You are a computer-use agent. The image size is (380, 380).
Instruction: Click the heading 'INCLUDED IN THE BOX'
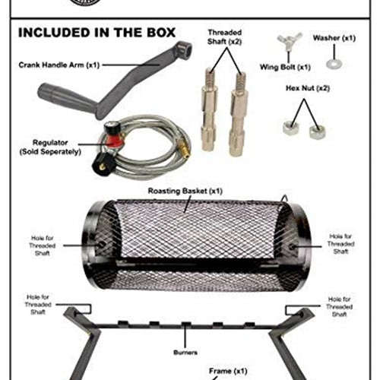coord(97,33)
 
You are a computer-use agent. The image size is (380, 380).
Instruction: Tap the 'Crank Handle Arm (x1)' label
coord(59,65)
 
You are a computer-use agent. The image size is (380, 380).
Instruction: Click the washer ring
coord(334,64)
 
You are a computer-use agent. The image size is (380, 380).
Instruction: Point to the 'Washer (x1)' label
coord(334,38)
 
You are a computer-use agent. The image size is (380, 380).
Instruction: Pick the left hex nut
coord(290,128)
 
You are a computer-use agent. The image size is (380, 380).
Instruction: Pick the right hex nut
coord(317,132)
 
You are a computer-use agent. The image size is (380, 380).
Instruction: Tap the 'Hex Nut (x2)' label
coord(308,88)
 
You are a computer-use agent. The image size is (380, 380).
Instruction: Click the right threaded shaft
coord(239,114)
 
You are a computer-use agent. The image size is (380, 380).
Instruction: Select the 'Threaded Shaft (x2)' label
coord(224,37)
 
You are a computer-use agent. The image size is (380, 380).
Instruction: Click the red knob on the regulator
coord(114,141)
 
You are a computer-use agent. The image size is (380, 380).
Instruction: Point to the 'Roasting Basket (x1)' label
coord(185,191)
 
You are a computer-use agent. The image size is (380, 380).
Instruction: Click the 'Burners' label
coord(185,353)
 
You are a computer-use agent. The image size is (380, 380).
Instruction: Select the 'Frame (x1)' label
coord(228,371)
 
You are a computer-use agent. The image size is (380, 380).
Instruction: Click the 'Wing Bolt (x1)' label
coord(285,67)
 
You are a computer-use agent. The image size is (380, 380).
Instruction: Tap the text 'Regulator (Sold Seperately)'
coord(50,147)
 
